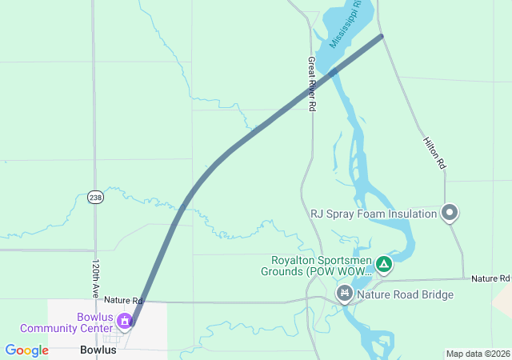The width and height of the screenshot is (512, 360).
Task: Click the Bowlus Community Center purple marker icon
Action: click(x=125, y=322)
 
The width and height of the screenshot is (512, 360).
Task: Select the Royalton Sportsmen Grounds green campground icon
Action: click(x=384, y=263)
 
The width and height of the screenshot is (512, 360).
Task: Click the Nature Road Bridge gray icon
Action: click(x=345, y=294)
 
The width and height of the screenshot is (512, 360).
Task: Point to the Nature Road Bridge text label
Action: click(x=405, y=294)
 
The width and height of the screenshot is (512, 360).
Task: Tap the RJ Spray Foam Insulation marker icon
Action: click(x=450, y=213)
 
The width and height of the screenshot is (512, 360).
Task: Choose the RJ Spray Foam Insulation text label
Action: click(x=374, y=214)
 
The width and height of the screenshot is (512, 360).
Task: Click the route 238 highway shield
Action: click(x=95, y=196)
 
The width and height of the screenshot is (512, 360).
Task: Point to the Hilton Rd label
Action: click(x=434, y=152)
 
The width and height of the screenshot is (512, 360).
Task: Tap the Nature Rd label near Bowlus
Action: click(x=122, y=300)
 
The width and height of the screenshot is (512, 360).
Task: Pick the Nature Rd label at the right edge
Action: click(x=490, y=278)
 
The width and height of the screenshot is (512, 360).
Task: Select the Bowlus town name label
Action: click(x=98, y=350)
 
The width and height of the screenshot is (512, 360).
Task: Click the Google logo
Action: click(x=26, y=350)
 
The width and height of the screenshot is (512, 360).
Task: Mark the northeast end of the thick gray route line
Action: click(x=381, y=36)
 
